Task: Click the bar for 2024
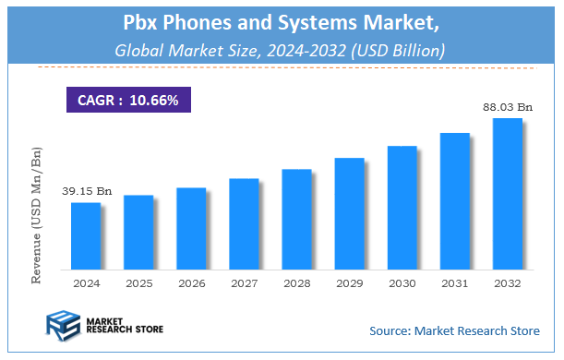click(85, 235)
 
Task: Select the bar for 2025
click(138, 232)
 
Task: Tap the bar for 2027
click(244, 223)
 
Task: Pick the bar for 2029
click(349, 213)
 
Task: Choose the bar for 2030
click(402, 207)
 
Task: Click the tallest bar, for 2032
click(507, 194)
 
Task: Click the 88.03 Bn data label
click(508, 107)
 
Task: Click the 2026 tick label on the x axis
click(191, 282)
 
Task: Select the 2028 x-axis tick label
click(296, 282)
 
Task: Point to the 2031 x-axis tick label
click(454, 282)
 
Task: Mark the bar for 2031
click(454, 201)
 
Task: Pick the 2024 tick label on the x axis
click(86, 282)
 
